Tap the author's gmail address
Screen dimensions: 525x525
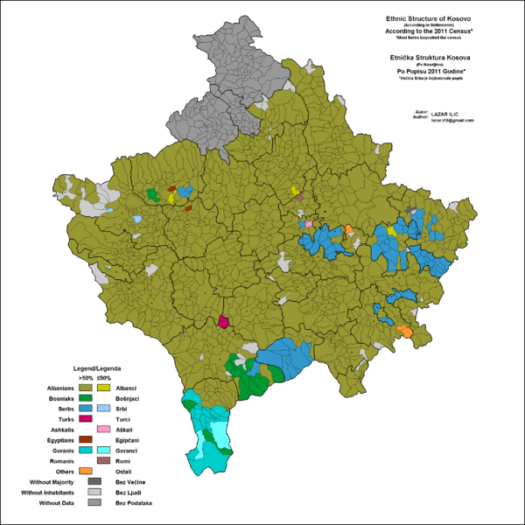(x=451, y=121)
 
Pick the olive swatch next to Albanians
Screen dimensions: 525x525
(x=86, y=388)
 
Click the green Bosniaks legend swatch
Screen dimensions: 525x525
(x=86, y=398)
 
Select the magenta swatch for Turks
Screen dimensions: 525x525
(x=86, y=420)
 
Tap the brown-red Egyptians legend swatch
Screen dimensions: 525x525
(x=86, y=440)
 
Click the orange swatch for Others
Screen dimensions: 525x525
(x=86, y=472)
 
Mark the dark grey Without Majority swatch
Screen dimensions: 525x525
(x=95, y=483)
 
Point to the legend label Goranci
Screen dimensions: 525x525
(x=128, y=451)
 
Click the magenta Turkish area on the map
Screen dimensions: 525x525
(x=224, y=322)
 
